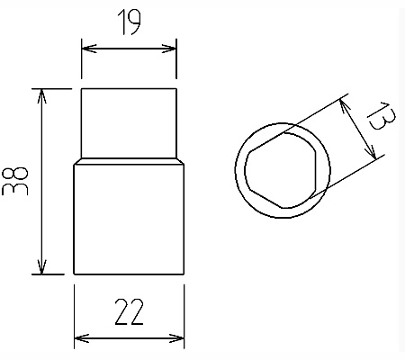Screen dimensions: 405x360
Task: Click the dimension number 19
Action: (x=129, y=22)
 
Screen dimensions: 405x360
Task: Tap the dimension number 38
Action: (x=15, y=181)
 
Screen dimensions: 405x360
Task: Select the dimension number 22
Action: (x=129, y=312)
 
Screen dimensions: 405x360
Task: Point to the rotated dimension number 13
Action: (x=382, y=115)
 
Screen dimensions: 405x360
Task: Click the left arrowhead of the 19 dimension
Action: (x=89, y=49)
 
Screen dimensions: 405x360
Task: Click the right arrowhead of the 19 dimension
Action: (x=168, y=49)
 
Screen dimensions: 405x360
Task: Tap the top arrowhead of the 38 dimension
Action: (x=41, y=96)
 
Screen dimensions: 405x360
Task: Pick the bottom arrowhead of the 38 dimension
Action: (x=41, y=267)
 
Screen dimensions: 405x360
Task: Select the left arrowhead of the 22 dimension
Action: (x=82, y=338)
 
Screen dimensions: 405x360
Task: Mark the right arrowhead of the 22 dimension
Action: (x=176, y=338)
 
